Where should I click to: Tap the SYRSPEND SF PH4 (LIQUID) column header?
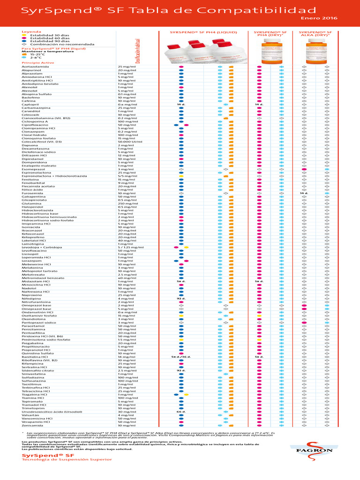pos(203,33)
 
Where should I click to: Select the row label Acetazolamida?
pos(35,67)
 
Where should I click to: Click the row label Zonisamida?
pos(33,426)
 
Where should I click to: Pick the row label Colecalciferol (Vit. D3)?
pos(42,142)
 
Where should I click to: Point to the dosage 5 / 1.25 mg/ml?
pos(130,247)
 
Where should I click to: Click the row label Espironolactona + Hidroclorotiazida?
pos(54,176)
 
